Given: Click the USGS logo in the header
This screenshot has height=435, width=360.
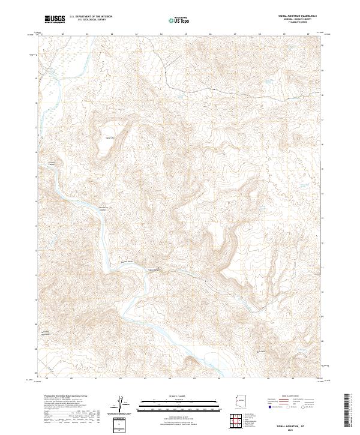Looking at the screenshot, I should pyautogui.click(x=55, y=19).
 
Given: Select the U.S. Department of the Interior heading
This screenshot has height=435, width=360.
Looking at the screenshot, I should pyautogui.click(x=91, y=17).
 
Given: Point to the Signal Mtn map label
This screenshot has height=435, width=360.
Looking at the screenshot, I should pyautogui.click(x=110, y=136).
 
